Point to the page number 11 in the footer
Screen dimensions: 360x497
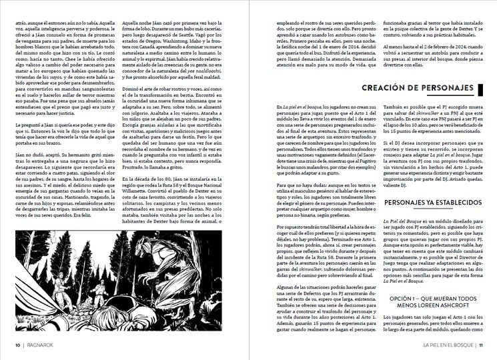tap(480, 345)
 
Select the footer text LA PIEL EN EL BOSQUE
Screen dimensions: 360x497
tap(438, 345)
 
